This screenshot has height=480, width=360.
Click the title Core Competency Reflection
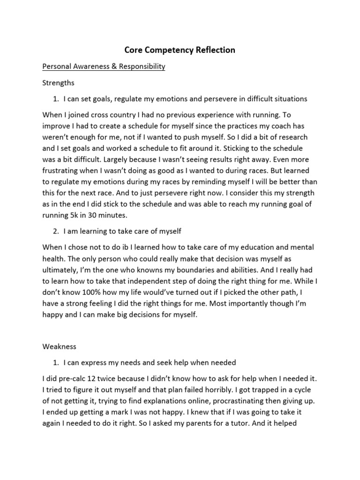coord(180,50)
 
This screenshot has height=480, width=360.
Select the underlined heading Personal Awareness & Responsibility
coord(104,67)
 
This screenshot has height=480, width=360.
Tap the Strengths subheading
coord(59,83)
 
